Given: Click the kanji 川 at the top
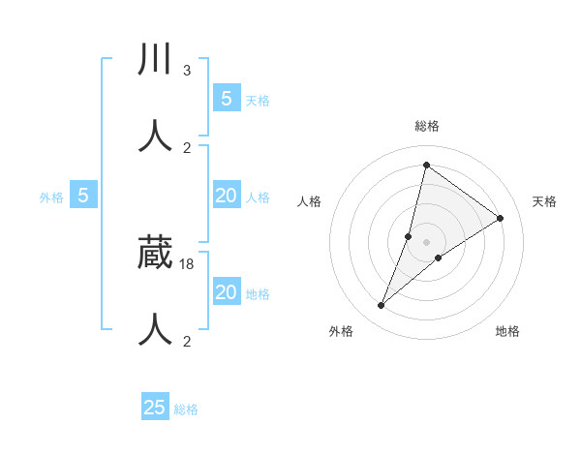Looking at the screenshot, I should click(156, 60).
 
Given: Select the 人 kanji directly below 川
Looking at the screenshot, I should click(156, 136).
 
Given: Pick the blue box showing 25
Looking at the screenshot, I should click(155, 408).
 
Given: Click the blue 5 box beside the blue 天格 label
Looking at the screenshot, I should click(227, 98).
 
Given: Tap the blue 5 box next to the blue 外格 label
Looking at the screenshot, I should click(83, 196).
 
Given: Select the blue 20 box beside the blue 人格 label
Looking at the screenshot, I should click(227, 196).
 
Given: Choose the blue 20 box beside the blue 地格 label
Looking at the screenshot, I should click(227, 291).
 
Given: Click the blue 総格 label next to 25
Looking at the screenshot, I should click(186, 409).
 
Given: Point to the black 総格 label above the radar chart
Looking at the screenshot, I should click(426, 126).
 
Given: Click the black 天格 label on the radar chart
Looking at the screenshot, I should click(544, 201).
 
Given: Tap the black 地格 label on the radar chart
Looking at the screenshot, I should click(506, 331).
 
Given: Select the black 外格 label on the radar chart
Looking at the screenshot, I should click(341, 331).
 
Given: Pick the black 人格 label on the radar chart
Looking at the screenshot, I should click(309, 201).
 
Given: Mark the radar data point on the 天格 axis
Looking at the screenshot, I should click(500, 218).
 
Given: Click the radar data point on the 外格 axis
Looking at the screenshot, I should click(382, 306).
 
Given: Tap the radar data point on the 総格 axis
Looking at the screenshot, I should click(426, 165).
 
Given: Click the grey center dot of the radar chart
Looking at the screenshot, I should click(426, 242).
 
